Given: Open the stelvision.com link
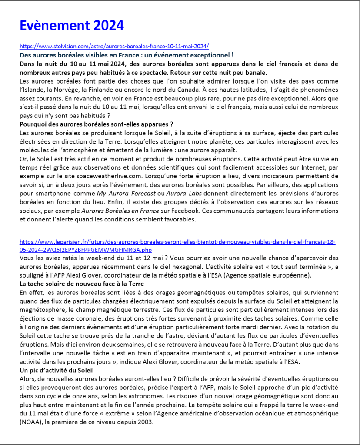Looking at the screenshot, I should coord(114,46).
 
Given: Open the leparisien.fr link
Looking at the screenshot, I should coord(177,242).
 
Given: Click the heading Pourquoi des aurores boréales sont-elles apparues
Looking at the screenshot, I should coord(97,124).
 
